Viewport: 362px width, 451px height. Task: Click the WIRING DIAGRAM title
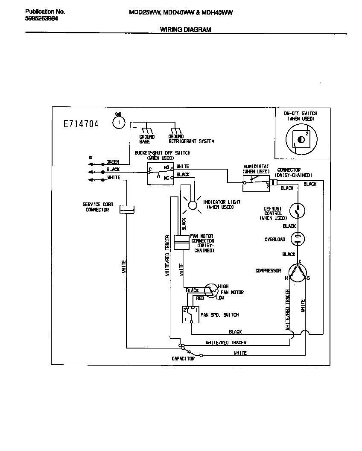point(185,29)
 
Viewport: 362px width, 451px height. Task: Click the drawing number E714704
point(81,124)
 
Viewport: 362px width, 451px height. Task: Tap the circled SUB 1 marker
point(118,123)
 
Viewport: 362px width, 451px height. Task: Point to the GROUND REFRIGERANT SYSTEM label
point(191,139)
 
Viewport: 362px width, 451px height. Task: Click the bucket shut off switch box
point(160,173)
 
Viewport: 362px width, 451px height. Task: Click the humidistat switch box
point(256,183)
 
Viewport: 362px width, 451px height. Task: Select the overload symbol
point(298,239)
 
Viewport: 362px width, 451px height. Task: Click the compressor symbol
point(298,273)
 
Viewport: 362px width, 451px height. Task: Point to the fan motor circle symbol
point(210,290)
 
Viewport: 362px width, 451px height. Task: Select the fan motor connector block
point(182,242)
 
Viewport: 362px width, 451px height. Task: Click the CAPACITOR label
point(183,359)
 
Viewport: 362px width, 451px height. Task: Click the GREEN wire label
point(113,162)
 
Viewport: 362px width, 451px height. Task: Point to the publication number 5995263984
point(41,19)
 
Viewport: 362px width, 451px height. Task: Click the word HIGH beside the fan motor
point(223,287)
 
